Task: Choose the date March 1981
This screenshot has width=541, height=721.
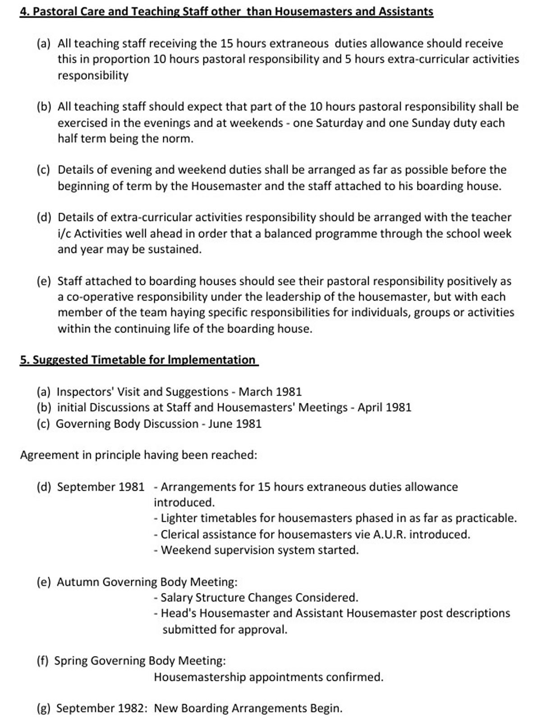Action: [270, 392]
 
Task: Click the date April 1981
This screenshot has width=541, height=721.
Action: [385, 408]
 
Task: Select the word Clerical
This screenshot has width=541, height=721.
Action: [183, 535]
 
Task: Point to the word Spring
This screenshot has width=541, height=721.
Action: [71, 661]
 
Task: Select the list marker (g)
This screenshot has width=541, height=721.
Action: [44, 709]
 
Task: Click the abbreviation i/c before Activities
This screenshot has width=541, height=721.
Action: [64, 234]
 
